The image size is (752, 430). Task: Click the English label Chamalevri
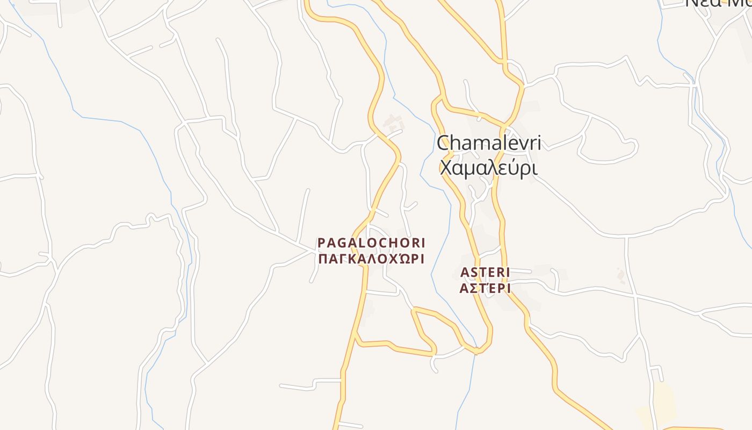488,144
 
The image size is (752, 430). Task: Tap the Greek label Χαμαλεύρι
488,168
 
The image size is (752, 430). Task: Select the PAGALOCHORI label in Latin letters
371,243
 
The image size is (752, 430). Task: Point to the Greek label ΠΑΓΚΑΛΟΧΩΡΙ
371,259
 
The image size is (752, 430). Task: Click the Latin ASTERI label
485,273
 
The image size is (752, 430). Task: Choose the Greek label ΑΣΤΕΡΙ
485,289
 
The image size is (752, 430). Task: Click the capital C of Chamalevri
444,144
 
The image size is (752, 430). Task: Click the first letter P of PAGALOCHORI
321,243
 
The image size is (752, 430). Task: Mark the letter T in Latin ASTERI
482,273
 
